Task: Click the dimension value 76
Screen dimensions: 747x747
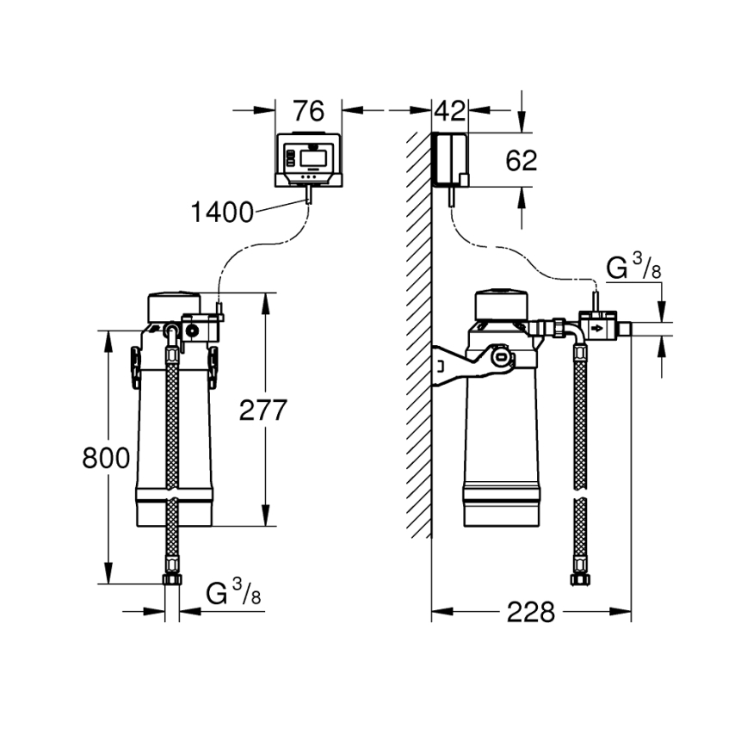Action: click(307, 112)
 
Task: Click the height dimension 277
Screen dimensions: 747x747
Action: click(262, 411)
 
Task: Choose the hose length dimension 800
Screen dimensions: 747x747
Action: click(107, 458)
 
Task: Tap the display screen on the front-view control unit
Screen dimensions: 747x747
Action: click(312, 157)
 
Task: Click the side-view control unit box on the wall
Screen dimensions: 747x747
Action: click(449, 159)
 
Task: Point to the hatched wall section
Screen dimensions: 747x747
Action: click(418, 344)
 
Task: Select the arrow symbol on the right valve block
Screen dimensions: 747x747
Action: click(597, 328)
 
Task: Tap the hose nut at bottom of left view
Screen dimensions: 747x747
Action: click(172, 578)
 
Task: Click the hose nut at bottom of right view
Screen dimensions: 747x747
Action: click(580, 578)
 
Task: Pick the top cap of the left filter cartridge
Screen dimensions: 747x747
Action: click(176, 304)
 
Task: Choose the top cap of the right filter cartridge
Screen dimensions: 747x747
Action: click(503, 303)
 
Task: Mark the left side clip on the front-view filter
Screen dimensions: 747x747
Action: click(135, 367)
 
